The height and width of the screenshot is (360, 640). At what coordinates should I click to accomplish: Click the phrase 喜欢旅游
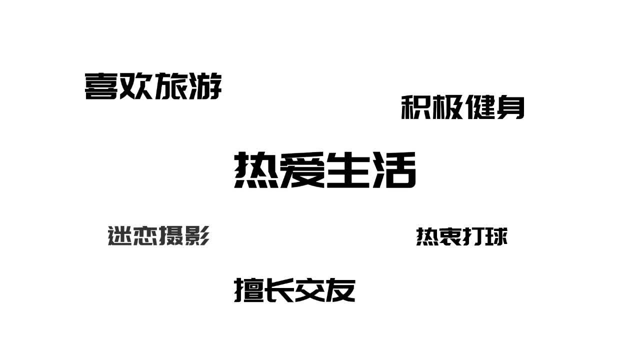[153, 86]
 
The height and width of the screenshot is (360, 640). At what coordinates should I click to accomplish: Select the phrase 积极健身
[462, 107]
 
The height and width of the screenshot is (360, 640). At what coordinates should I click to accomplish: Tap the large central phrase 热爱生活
[325, 170]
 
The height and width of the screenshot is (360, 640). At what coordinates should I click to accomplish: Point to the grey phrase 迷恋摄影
[158, 235]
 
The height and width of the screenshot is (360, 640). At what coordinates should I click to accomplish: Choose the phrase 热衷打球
[462, 236]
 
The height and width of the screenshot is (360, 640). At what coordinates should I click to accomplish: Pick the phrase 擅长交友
[294, 290]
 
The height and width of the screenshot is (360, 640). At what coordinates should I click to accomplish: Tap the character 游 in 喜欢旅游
[205, 86]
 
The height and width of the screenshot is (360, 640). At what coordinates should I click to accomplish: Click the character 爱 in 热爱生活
[302, 170]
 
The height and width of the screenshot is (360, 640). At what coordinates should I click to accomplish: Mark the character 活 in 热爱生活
[393, 170]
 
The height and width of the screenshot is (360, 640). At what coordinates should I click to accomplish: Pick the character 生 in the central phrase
[348, 170]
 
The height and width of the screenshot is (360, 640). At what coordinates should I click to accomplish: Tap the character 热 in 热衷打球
[427, 236]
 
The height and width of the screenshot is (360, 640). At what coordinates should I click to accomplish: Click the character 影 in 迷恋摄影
[196, 235]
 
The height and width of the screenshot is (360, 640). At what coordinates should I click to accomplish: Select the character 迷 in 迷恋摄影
[120, 235]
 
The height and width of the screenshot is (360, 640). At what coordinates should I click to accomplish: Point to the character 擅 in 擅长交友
[249, 290]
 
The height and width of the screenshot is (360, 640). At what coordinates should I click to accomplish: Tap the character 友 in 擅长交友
[340, 290]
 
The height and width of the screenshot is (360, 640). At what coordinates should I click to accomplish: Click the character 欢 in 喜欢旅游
[135, 86]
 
